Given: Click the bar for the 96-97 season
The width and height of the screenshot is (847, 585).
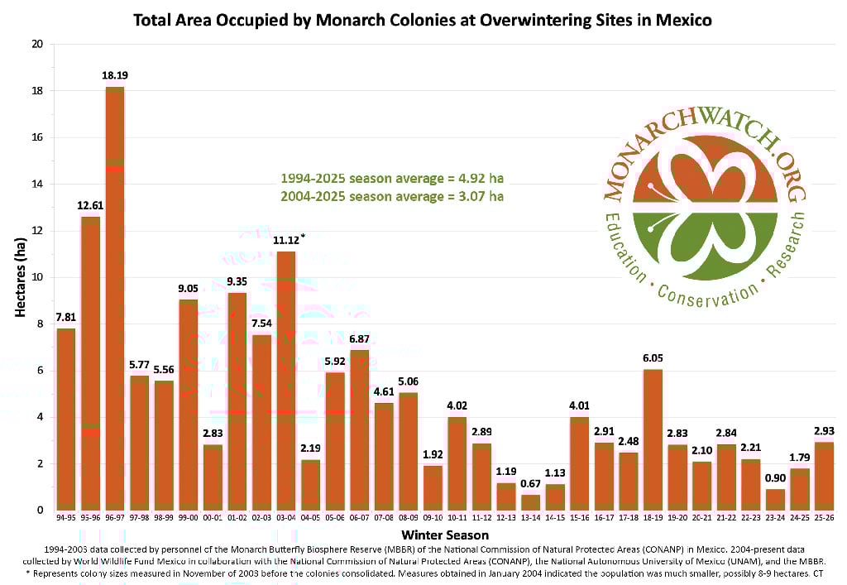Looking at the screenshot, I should point(115,298).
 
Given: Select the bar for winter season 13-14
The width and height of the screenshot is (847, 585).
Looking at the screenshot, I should point(530,502).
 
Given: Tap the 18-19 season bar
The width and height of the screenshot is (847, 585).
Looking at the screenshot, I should point(653,439).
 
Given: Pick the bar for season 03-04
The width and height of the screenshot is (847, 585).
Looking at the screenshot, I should point(285,381).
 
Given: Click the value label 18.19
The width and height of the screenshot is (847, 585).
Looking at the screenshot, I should point(115,75).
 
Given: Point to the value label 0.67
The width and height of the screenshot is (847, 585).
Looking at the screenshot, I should point(530,484).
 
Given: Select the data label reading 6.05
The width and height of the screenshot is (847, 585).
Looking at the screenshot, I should point(653,358).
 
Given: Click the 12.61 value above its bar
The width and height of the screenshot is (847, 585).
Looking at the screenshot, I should point(90,205).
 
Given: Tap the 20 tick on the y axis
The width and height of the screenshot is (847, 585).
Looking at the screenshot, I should point(36,44).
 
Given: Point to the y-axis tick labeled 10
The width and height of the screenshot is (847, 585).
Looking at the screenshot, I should point(36,277).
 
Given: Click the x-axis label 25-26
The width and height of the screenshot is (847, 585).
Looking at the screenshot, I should point(824,519).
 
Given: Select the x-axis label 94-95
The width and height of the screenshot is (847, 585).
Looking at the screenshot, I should point(66,519).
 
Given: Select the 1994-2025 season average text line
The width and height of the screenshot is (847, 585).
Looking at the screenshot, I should point(392,178).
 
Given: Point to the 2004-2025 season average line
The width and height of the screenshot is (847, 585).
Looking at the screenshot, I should point(392,196).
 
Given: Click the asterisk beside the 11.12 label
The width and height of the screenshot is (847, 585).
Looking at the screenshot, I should point(304,237).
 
